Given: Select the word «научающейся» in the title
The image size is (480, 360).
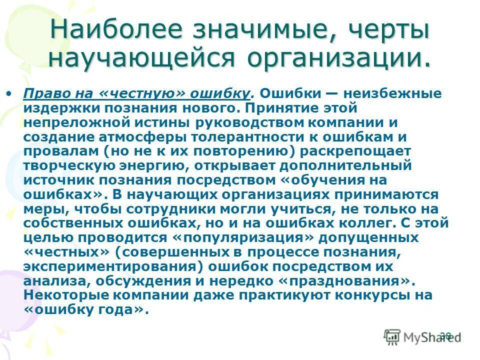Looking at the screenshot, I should click(142, 58).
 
